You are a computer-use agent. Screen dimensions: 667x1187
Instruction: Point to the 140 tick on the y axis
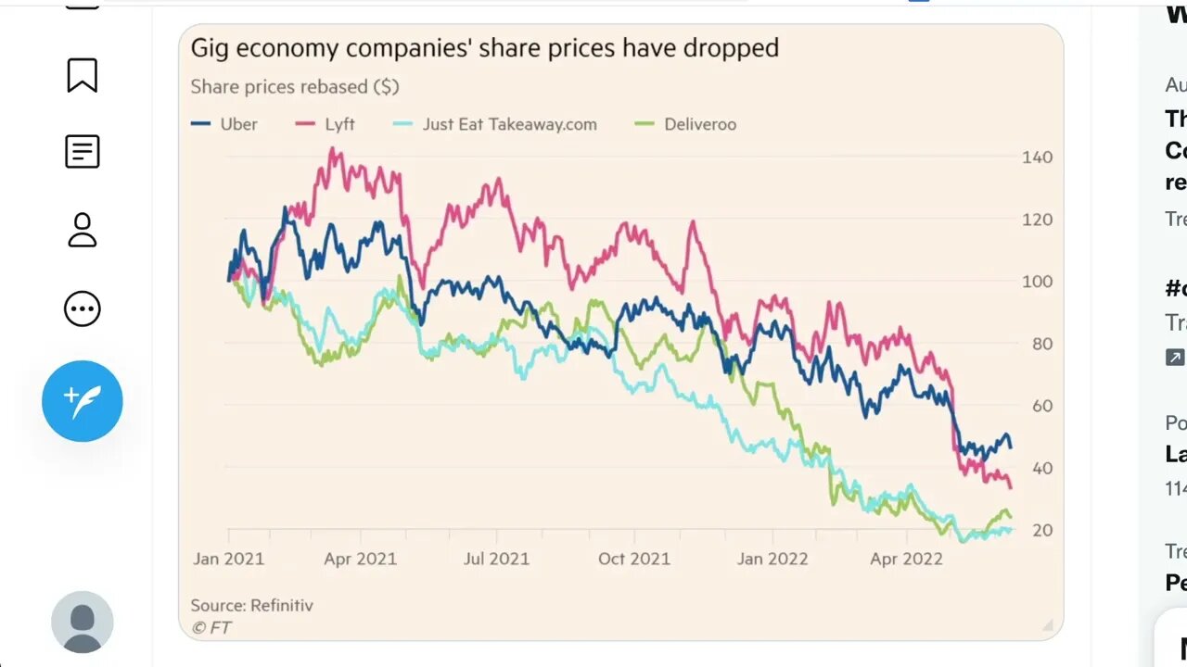point(1037,157)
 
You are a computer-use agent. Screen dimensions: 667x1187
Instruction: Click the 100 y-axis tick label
point(1037,282)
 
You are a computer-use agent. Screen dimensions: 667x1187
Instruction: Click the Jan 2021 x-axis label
point(228,559)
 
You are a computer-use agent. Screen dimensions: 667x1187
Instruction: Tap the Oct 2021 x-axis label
point(634,559)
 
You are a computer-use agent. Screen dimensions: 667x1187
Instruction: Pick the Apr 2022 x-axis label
point(906,559)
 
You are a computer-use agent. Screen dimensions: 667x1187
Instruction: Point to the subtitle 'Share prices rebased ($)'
point(295,87)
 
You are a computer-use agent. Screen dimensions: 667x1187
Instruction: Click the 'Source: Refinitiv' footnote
point(251,605)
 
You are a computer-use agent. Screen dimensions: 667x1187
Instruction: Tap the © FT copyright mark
point(211,627)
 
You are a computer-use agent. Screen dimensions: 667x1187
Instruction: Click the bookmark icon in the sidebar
point(83,75)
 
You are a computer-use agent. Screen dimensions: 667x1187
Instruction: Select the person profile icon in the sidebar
point(83,230)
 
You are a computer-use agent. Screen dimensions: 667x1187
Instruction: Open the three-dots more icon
point(83,308)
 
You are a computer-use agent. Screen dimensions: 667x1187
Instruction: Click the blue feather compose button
point(83,400)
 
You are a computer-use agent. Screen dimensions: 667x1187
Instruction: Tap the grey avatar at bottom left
point(83,623)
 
